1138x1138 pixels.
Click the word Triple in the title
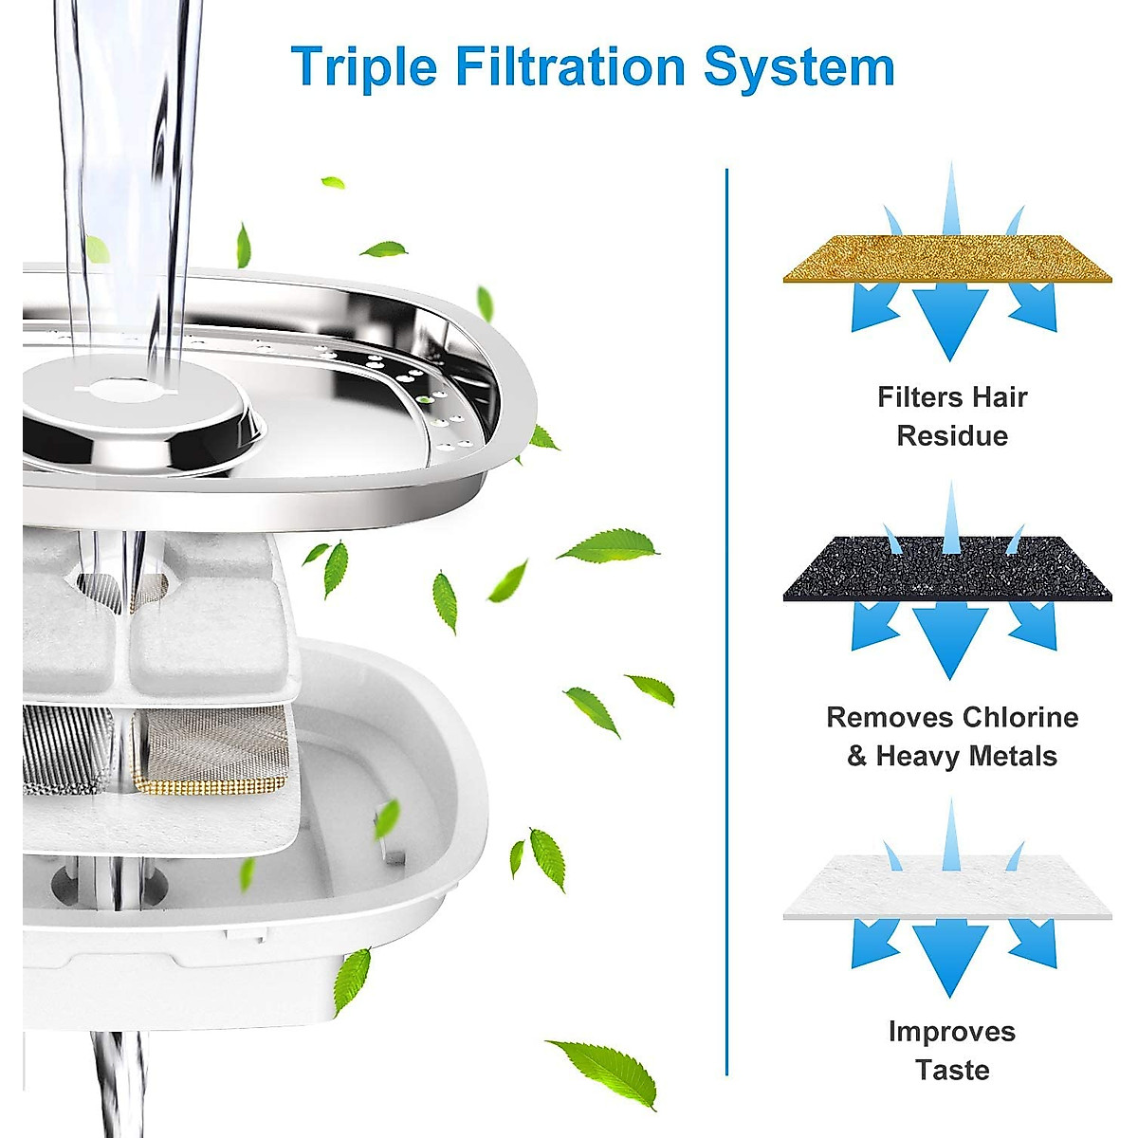point(364,66)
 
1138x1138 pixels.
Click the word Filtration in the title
point(569,66)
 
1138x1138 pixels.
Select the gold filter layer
point(947,259)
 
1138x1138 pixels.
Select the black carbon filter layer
point(947,568)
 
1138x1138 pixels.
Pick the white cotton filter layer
point(947,886)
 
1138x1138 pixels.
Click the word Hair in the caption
point(997,396)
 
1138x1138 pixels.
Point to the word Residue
point(952,436)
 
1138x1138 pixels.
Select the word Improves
point(952,1032)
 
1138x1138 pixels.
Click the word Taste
point(952,1071)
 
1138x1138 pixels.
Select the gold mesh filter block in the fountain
point(211,749)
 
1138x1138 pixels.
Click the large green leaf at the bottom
point(607,1070)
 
